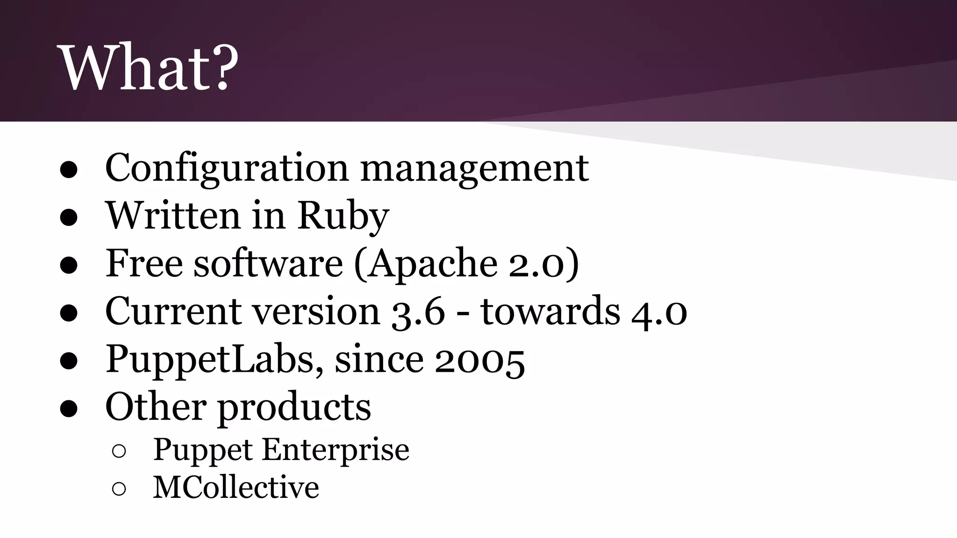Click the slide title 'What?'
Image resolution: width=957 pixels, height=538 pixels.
point(150,68)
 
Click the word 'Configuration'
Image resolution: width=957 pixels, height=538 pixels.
point(227,168)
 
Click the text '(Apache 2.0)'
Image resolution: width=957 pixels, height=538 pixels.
point(466,264)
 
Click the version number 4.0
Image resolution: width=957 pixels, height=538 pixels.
point(659,312)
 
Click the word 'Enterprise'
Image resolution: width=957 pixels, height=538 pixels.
point(336,450)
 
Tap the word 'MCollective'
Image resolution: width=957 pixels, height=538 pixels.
point(236,488)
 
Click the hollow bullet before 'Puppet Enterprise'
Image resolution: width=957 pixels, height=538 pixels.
point(119,451)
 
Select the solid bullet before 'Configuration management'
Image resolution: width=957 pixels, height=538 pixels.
point(69,170)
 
